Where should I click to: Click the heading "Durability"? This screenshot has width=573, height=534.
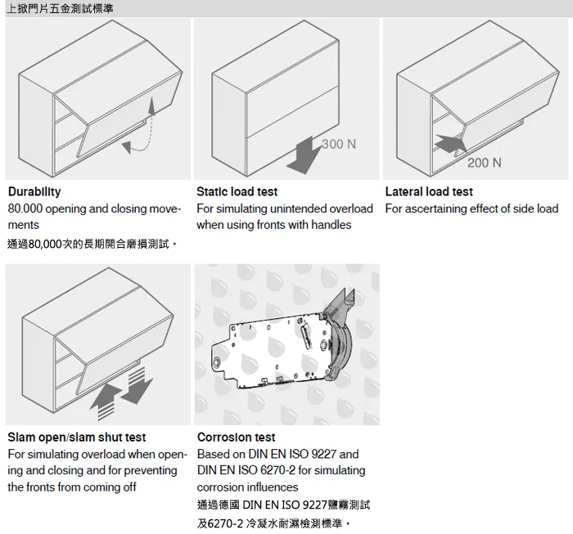tap(34, 192)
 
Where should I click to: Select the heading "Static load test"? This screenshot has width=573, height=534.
tap(237, 192)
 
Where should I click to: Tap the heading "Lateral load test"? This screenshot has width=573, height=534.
tap(429, 192)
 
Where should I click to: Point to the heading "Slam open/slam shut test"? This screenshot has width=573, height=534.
tap(76, 438)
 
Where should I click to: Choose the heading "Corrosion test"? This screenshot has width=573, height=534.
tap(236, 438)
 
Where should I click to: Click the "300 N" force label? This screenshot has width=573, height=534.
tap(338, 145)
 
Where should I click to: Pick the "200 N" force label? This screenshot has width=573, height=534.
tap(485, 163)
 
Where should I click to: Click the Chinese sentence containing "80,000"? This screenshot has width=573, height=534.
tap(92, 244)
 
